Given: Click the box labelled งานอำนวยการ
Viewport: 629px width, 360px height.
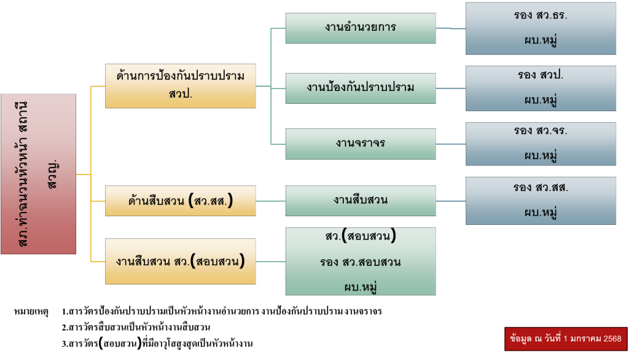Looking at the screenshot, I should pos(361,28).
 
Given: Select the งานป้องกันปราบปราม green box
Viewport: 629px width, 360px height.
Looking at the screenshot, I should pos(361,87).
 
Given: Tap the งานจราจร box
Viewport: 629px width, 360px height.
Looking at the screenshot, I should pos(361,143).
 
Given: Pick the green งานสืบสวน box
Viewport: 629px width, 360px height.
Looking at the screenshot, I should pos(361,200).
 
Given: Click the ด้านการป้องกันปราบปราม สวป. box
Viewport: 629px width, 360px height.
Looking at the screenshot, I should pos(180,86).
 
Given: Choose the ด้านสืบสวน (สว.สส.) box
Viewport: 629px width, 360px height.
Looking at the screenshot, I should pos(180,201).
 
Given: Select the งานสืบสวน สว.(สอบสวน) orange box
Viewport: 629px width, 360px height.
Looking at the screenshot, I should pos(180,261).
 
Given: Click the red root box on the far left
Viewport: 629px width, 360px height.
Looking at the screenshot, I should pos(39,174).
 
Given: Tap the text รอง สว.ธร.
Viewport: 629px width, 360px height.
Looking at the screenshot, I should pos(541,16).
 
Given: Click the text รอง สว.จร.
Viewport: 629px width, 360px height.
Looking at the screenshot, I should pos(541,131).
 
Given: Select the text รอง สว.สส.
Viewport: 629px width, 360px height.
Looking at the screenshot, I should pos(541,188).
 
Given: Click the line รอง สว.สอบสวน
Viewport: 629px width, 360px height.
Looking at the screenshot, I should pos(361,262).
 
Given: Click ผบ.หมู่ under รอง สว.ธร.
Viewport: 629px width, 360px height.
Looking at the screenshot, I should pos(541,42).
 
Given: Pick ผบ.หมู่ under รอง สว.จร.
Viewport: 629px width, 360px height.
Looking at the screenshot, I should pos(541,155).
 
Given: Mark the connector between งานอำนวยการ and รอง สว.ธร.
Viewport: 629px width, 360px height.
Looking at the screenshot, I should pos(451,28).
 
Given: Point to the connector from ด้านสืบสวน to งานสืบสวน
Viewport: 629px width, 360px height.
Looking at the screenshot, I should pos(270,201).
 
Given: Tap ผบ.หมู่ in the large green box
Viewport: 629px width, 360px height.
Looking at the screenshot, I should pos(361,286).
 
